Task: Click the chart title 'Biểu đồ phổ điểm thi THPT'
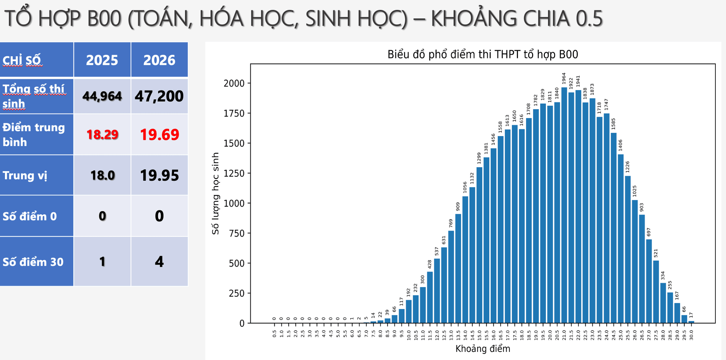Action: click(x=483, y=54)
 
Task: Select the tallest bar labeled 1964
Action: click(x=564, y=205)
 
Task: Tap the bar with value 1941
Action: click(x=578, y=207)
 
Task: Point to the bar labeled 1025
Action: click(x=635, y=261)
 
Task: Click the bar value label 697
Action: click(x=649, y=232)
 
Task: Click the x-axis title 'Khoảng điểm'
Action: click(x=483, y=349)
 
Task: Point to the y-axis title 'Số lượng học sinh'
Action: click(x=216, y=193)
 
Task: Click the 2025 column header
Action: click(x=102, y=60)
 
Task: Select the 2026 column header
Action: click(x=159, y=60)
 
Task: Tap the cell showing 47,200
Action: click(x=159, y=96)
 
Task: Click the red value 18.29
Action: click(x=102, y=135)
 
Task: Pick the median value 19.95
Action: click(x=160, y=175)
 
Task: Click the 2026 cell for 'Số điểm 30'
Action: click(x=159, y=262)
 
